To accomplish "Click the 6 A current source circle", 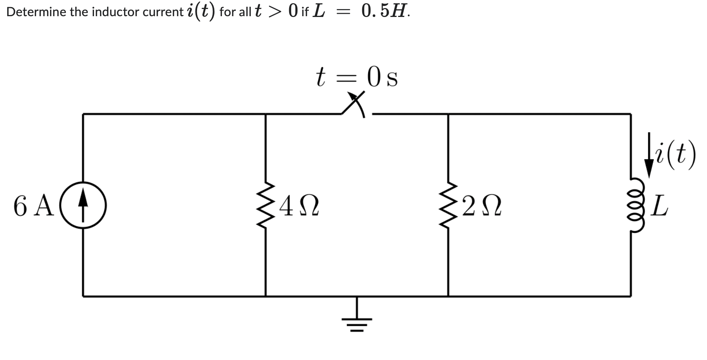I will (x=83, y=205).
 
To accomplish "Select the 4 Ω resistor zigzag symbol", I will (x=265, y=206).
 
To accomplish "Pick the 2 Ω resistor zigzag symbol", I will (x=448, y=206).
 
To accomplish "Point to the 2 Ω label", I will (x=481, y=206).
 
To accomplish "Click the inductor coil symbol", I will (x=631, y=206).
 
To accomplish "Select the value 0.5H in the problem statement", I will (x=385, y=12).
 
